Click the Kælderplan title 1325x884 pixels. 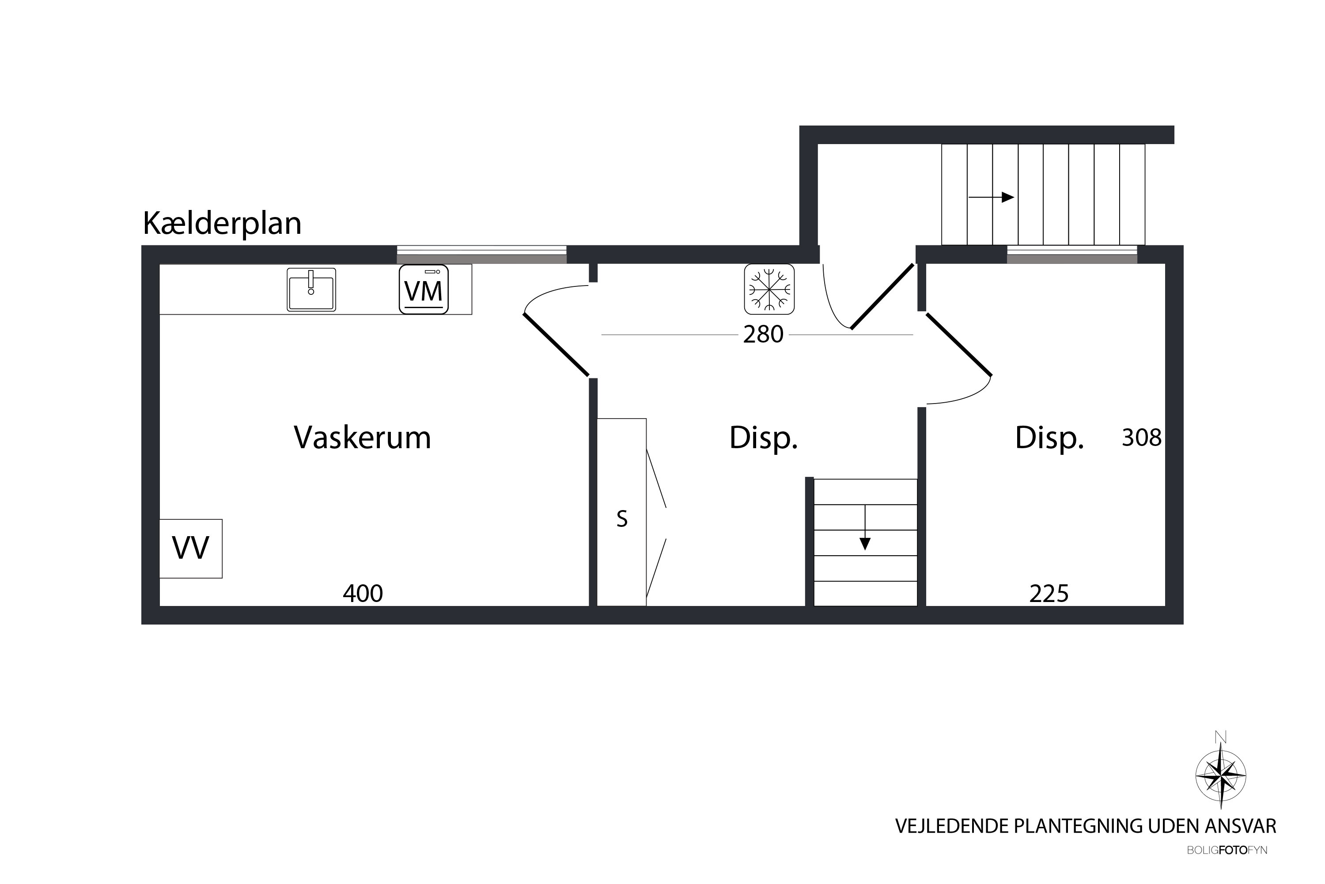pyautogui.click(x=222, y=223)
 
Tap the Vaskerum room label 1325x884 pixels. pyautogui.click(x=362, y=438)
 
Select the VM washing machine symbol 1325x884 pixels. pyautogui.click(x=424, y=289)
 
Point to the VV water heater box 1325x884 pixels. pyautogui.click(x=190, y=548)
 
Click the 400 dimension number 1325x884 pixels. pyautogui.click(x=363, y=593)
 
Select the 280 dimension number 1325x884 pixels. pyautogui.click(x=763, y=334)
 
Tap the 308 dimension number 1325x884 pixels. pyautogui.click(x=1141, y=438)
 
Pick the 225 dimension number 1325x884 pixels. pyautogui.click(x=1049, y=594)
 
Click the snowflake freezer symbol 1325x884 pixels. pyautogui.click(x=769, y=289)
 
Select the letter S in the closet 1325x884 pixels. pyautogui.click(x=622, y=518)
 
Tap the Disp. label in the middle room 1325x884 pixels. pyautogui.click(x=763, y=438)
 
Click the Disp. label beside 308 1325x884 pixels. pyautogui.click(x=1049, y=438)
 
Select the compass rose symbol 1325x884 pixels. pyautogui.click(x=1221, y=777)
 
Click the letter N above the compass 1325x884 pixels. pyautogui.click(x=1221, y=737)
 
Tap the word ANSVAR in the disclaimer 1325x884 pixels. pyautogui.click(x=1241, y=826)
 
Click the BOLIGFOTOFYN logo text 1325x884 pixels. pyautogui.click(x=1227, y=850)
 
